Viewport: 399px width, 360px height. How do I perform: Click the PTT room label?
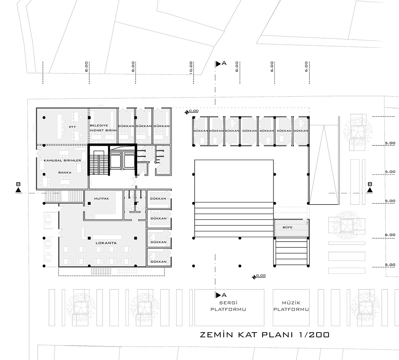pyautogui.click(x=72, y=127)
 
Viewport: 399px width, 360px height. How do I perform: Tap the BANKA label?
pyautogui.click(x=65, y=172)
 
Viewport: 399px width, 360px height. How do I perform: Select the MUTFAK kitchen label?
pyautogui.click(x=101, y=199)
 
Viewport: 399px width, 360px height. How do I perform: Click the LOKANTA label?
pyautogui.click(x=106, y=243)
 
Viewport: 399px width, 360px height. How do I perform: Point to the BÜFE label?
pyautogui.click(x=287, y=227)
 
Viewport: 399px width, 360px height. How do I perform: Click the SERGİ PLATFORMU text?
pyautogui.click(x=228, y=306)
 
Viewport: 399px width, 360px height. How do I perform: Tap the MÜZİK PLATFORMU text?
pyautogui.click(x=291, y=306)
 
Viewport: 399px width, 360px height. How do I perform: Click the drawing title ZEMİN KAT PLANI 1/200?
pyautogui.click(x=265, y=334)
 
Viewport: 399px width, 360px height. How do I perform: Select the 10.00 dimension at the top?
pyautogui.click(x=191, y=68)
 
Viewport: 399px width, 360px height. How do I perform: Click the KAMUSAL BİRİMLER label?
pyautogui.click(x=62, y=161)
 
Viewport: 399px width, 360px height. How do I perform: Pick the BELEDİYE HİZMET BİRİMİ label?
pyautogui.click(x=103, y=128)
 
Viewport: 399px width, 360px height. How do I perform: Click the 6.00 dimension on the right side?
pyautogui.click(x=390, y=235)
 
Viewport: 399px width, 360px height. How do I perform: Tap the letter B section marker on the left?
pyautogui.click(x=18, y=184)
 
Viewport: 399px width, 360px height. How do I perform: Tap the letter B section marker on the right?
pyautogui.click(x=370, y=184)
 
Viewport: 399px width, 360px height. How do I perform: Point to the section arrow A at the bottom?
pyautogui.click(x=218, y=295)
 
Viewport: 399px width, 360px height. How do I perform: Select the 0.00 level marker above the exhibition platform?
pyautogui.click(x=259, y=276)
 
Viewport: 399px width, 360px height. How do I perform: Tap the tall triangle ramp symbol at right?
pyautogui.click(x=324, y=166)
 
